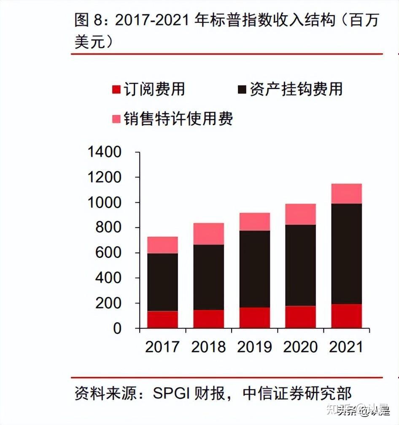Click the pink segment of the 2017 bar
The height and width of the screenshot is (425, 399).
pyautogui.click(x=162, y=245)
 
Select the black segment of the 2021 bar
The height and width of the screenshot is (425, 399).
pyautogui.click(x=346, y=253)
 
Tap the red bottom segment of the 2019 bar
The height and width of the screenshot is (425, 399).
pyautogui.click(x=254, y=318)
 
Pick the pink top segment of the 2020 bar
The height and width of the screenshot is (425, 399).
pyautogui.click(x=300, y=214)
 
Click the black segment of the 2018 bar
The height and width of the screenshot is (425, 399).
pyautogui.click(x=208, y=277)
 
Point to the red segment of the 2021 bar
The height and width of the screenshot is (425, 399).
pyautogui.click(x=346, y=316)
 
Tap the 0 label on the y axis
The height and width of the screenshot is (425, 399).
pyautogui.click(x=117, y=329)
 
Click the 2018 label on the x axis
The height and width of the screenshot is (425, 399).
pyautogui.click(x=208, y=347)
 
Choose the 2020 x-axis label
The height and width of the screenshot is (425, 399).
pyautogui.click(x=300, y=347)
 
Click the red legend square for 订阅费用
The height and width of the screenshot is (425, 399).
pyautogui.click(x=116, y=90)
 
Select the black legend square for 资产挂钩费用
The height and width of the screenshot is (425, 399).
pyautogui.click(x=242, y=90)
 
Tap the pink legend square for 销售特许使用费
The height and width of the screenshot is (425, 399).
pyautogui.click(x=116, y=119)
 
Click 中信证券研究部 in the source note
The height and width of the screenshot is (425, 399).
pyautogui.click(x=297, y=394)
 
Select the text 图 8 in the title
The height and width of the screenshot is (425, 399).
pyautogui.click(x=89, y=20)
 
